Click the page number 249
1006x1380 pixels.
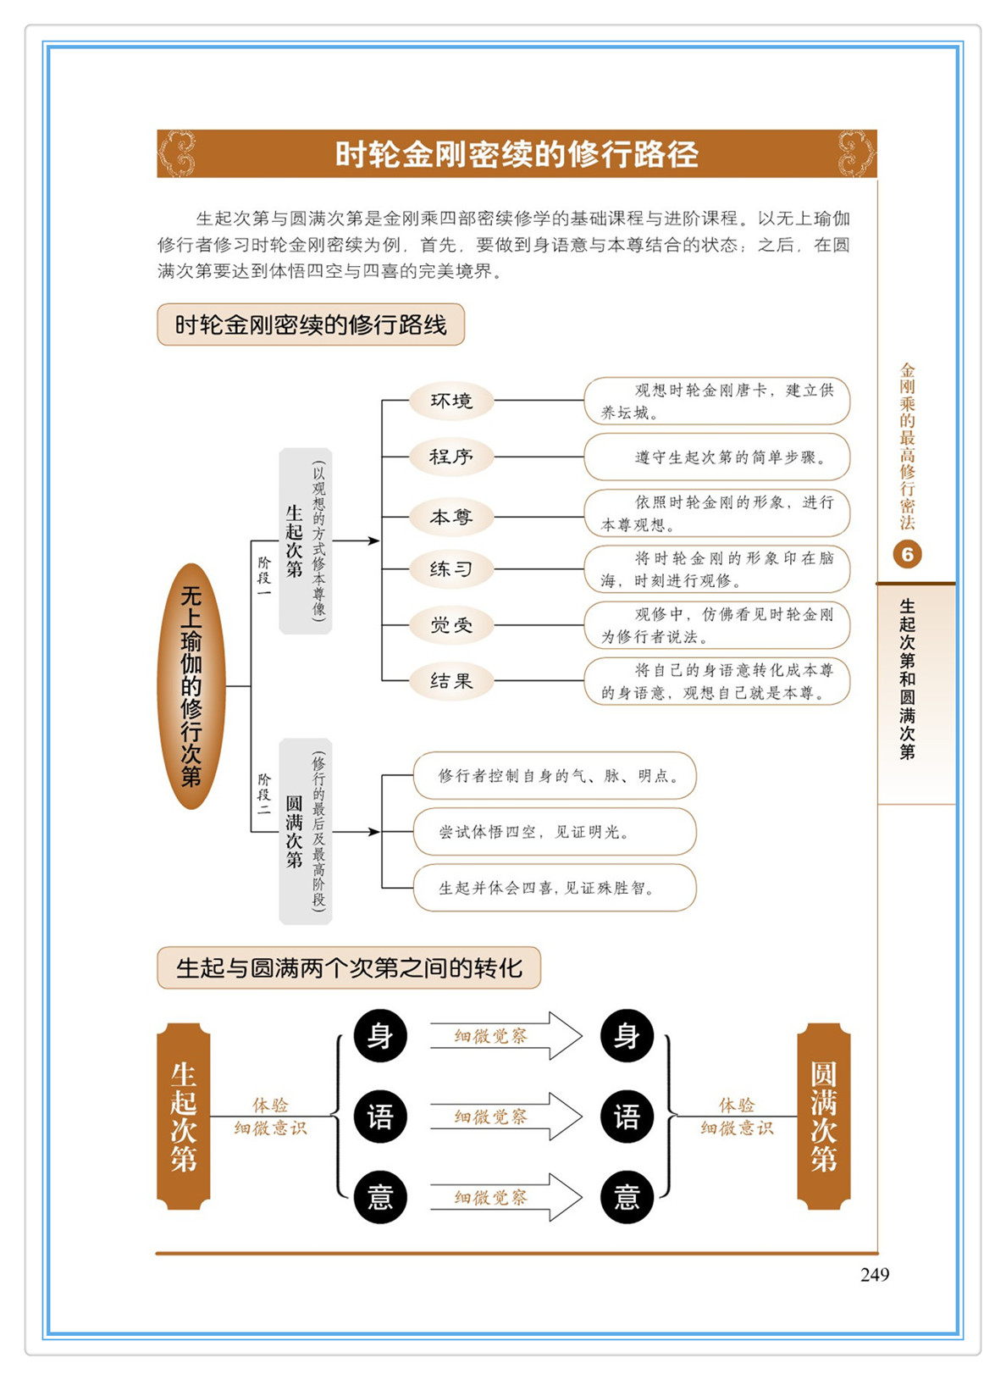click(x=874, y=1274)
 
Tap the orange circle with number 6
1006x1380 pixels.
click(x=907, y=554)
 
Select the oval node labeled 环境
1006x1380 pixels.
click(x=450, y=401)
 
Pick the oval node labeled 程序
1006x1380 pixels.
click(x=450, y=457)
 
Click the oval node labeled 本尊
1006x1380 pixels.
click(x=450, y=517)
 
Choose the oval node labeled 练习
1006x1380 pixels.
click(x=450, y=568)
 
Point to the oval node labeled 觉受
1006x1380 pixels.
click(x=450, y=625)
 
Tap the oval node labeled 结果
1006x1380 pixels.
click(x=450, y=681)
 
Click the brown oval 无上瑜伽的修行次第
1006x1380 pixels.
click(x=191, y=686)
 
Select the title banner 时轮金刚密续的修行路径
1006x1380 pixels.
click(x=517, y=154)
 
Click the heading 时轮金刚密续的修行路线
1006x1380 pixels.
click(x=311, y=324)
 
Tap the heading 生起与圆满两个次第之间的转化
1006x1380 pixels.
click(x=348, y=967)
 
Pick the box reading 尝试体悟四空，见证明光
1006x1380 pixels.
click(x=554, y=832)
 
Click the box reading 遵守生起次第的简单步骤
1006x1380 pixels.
click(x=716, y=457)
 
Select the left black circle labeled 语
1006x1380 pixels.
click(x=380, y=1117)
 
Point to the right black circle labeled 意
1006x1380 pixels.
click(x=627, y=1197)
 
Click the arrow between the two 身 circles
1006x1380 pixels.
click(x=506, y=1036)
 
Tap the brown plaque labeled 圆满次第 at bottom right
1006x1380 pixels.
click(x=823, y=1116)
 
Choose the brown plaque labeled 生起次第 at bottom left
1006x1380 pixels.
click(x=184, y=1116)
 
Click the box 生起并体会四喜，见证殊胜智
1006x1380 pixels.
click(x=554, y=888)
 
